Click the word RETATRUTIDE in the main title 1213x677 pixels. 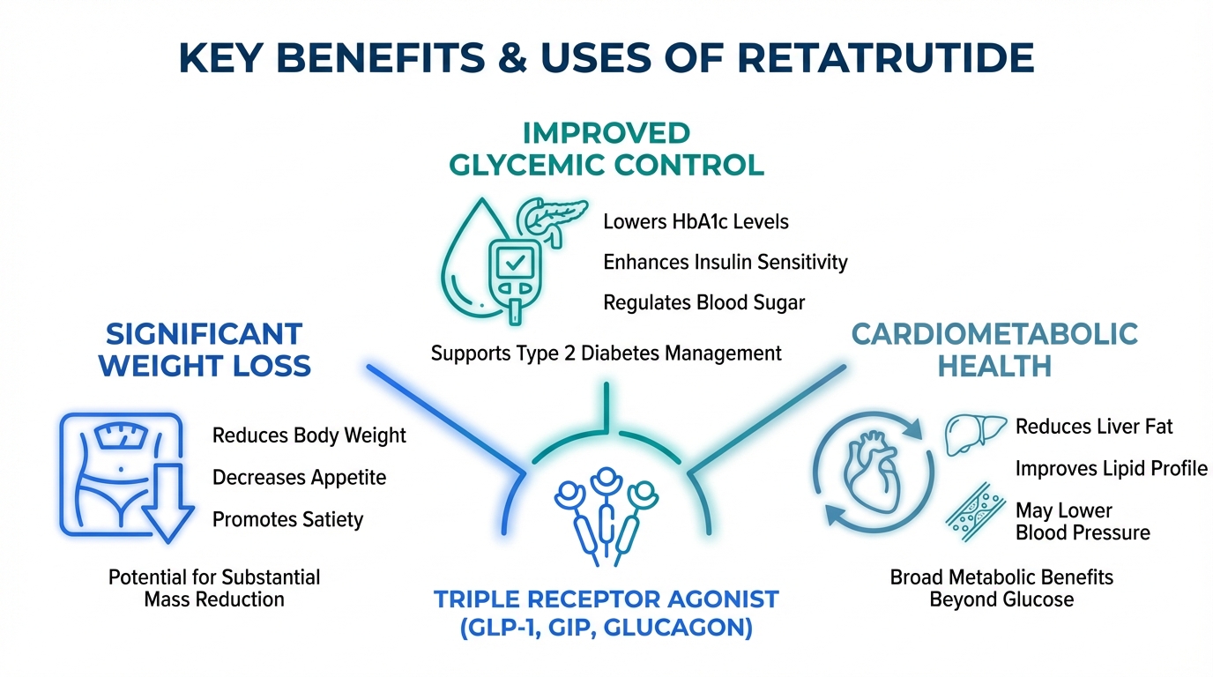[x=885, y=57]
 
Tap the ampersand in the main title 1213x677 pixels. [x=513, y=57]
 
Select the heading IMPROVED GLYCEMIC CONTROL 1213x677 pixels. [x=606, y=149]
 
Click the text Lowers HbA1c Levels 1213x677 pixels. [x=696, y=221]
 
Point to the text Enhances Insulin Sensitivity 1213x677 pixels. [x=726, y=262]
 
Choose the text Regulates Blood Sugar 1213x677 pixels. [x=704, y=302]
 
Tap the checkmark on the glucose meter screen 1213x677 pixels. [x=515, y=264]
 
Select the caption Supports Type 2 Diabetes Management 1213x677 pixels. [x=606, y=353]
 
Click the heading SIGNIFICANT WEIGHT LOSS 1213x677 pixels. [x=205, y=350]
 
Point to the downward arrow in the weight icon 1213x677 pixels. [x=168, y=503]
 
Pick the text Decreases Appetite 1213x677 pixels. [x=299, y=478]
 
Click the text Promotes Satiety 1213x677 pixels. [x=287, y=519]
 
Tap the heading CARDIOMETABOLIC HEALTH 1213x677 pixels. [x=994, y=350]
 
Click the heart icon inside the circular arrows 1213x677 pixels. [x=873, y=472]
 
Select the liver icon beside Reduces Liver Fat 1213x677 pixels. [x=976, y=435]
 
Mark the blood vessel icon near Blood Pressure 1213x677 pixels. [x=976, y=512]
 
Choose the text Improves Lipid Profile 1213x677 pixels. [x=1112, y=468]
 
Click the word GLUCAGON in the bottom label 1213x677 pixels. [x=677, y=628]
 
